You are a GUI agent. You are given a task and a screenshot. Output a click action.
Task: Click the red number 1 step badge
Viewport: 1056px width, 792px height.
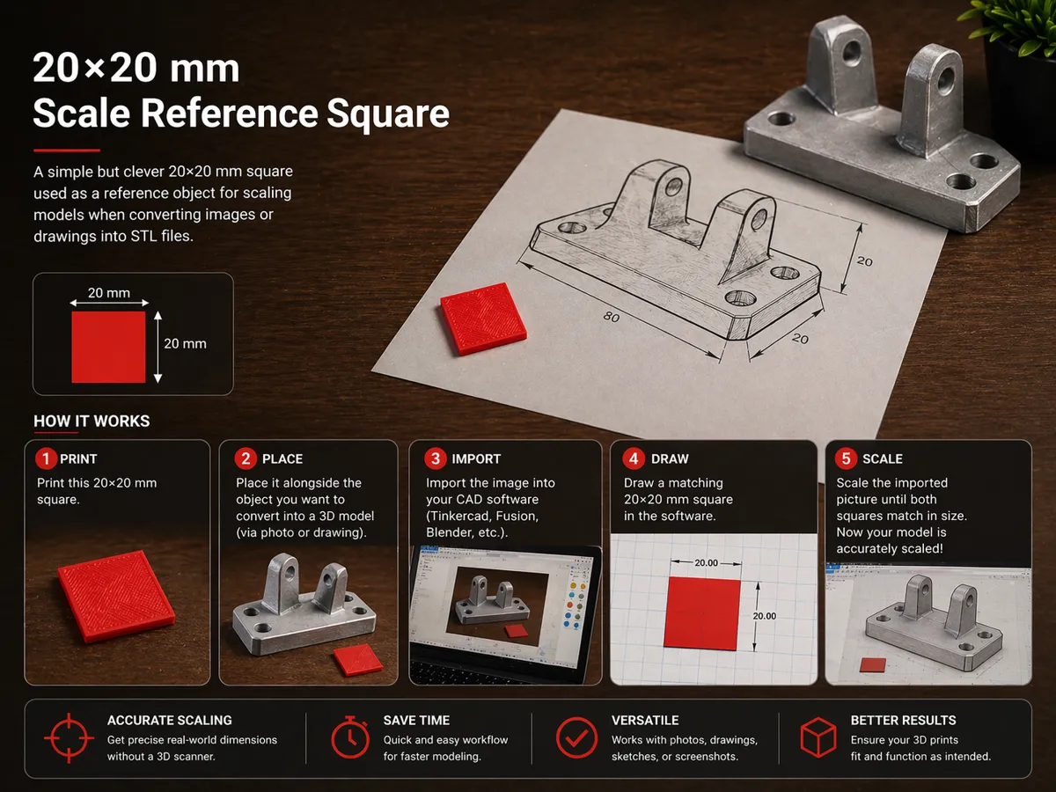pyautogui.click(x=46, y=458)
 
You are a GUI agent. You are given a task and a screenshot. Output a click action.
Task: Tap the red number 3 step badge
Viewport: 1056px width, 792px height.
pyautogui.click(x=436, y=458)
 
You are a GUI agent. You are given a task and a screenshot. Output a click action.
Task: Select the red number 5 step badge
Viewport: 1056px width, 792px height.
pyautogui.click(x=846, y=458)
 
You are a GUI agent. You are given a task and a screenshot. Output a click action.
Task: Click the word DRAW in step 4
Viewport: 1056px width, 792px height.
pyautogui.click(x=670, y=458)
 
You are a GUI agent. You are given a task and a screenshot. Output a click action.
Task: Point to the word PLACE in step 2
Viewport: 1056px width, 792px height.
pyautogui.click(x=282, y=458)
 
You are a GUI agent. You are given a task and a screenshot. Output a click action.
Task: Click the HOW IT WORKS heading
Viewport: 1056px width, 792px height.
pyautogui.click(x=92, y=422)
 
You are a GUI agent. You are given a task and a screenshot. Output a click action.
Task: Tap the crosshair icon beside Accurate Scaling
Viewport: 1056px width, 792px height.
pyautogui.click(x=69, y=738)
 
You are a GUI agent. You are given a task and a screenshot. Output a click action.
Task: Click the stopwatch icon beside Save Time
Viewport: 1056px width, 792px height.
pyautogui.click(x=350, y=737)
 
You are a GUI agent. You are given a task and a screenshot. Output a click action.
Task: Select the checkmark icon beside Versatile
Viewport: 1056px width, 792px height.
pyautogui.click(x=576, y=738)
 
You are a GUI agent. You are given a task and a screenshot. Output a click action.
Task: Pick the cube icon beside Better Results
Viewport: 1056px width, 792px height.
pyautogui.click(x=818, y=737)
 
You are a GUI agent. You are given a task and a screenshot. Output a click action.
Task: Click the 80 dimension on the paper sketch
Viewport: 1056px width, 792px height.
pyautogui.click(x=612, y=317)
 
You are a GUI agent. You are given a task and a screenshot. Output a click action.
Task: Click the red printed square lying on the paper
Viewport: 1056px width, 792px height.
pyautogui.click(x=483, y=319)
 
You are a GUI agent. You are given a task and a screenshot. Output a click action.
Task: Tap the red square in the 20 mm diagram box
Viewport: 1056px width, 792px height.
pyautogui.click(x=108, y=347)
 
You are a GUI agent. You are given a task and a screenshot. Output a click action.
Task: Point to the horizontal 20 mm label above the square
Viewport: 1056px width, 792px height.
pyautogui.click(x=109, y=292)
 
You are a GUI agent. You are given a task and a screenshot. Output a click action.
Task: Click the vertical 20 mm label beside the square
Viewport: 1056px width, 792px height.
pyautogui.click(x=185, y=343)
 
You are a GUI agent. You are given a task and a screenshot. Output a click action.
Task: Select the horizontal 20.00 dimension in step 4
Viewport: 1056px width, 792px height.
pyautogui.click(x=706, y=562)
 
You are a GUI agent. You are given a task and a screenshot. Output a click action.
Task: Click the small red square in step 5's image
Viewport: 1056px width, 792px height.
pyautogui.click(x=873, y=665)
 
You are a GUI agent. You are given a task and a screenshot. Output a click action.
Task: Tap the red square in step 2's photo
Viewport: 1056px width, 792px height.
pyautogui.click(x=358, y=659)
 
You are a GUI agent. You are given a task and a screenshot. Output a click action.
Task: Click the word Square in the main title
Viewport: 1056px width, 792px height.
pyautogui.click(x=388, y=114)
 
